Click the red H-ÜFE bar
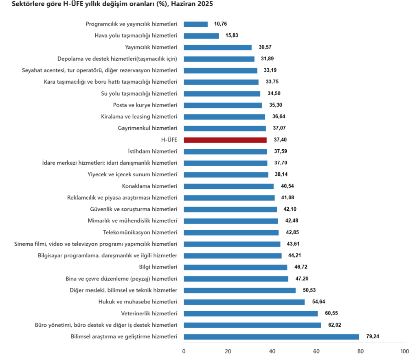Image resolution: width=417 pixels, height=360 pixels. click(225, 140)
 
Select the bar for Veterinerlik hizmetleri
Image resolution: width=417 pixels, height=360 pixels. click(251, 314)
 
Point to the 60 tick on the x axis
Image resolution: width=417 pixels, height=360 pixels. click(316, 351)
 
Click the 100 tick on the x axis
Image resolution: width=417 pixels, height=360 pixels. click(404, 351)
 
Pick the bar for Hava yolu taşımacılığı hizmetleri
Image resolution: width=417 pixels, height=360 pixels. click(201, 36)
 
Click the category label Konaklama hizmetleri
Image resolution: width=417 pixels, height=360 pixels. click(149, 186)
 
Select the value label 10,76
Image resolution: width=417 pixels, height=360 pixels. click(220, 24)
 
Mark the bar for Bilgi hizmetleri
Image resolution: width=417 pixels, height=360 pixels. click(235, 267)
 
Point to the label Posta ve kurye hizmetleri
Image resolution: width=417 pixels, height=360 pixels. click(145, 105)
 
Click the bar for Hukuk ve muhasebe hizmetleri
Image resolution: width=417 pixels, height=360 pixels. click(244, 302)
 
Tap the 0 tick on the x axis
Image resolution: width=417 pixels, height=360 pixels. click(184, 351)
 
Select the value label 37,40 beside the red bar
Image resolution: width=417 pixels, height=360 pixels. click(279, 140)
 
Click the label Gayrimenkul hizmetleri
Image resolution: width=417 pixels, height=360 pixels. click(147, 129)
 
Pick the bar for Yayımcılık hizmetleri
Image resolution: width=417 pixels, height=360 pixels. click(217, 47)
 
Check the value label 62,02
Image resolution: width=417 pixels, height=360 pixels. click(334, 325)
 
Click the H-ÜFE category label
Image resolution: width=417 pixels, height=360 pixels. click(169, 140)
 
